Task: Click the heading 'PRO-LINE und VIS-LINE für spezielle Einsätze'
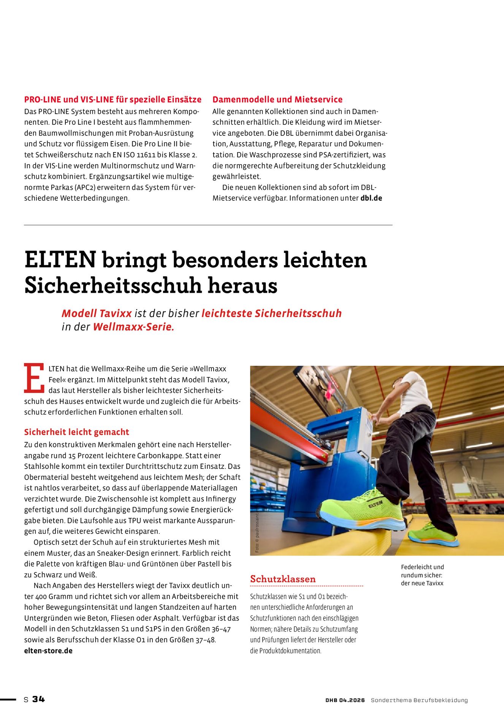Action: (x=113, y=100)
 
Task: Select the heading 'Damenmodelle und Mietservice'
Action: (x=277, y=100)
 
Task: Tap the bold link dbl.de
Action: (x=371, y=198)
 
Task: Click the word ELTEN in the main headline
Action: (x=60, y=260)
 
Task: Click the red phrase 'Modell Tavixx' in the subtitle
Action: (x=97, y=313)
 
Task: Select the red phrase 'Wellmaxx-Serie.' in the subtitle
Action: (x=133, y=327)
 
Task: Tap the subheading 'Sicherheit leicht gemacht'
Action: (x=76, y=432)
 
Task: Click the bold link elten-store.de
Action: (x=48, y=651)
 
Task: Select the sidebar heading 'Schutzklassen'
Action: (x=283, y=579)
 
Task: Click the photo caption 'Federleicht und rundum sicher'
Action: (x=422, y=575)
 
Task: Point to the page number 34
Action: (x=38, y=699)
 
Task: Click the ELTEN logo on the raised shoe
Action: (x=376, y=504)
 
